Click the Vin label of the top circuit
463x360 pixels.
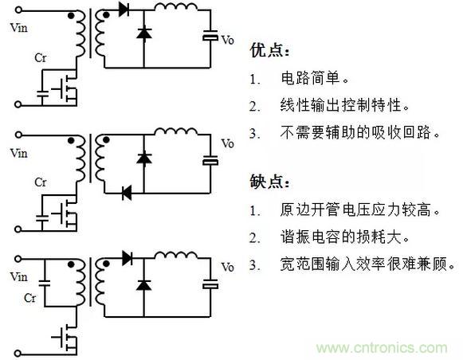click(x=18, y=28)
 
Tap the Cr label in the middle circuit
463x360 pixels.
click(x=40, y=182)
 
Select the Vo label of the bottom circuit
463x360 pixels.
click(x=227, y=268)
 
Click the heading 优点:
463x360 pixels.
click(x=269, y=50)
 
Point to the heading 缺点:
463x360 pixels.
click(x=269, y=182)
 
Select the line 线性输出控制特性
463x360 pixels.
click(x=344, y=105)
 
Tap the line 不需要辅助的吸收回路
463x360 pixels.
click(x=360, y=132)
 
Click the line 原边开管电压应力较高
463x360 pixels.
click(x=360, y=209)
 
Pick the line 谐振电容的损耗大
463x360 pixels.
click(x=344, y=237)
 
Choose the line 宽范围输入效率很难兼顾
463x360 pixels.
click(x=367, y=264)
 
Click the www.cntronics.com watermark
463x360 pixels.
click(x=382, y=348)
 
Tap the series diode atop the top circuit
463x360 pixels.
click(x=124, y=10)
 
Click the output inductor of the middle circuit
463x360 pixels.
click(x=176, y=131)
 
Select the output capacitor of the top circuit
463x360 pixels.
click(x=210, y=35)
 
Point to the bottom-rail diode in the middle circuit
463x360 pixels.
click(x=127, y=193)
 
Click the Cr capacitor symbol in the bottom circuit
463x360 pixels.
click(x=45, y=283)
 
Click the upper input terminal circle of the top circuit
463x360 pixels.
click(x=18, y=10)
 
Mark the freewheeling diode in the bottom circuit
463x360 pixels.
click(x=144, y=285)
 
